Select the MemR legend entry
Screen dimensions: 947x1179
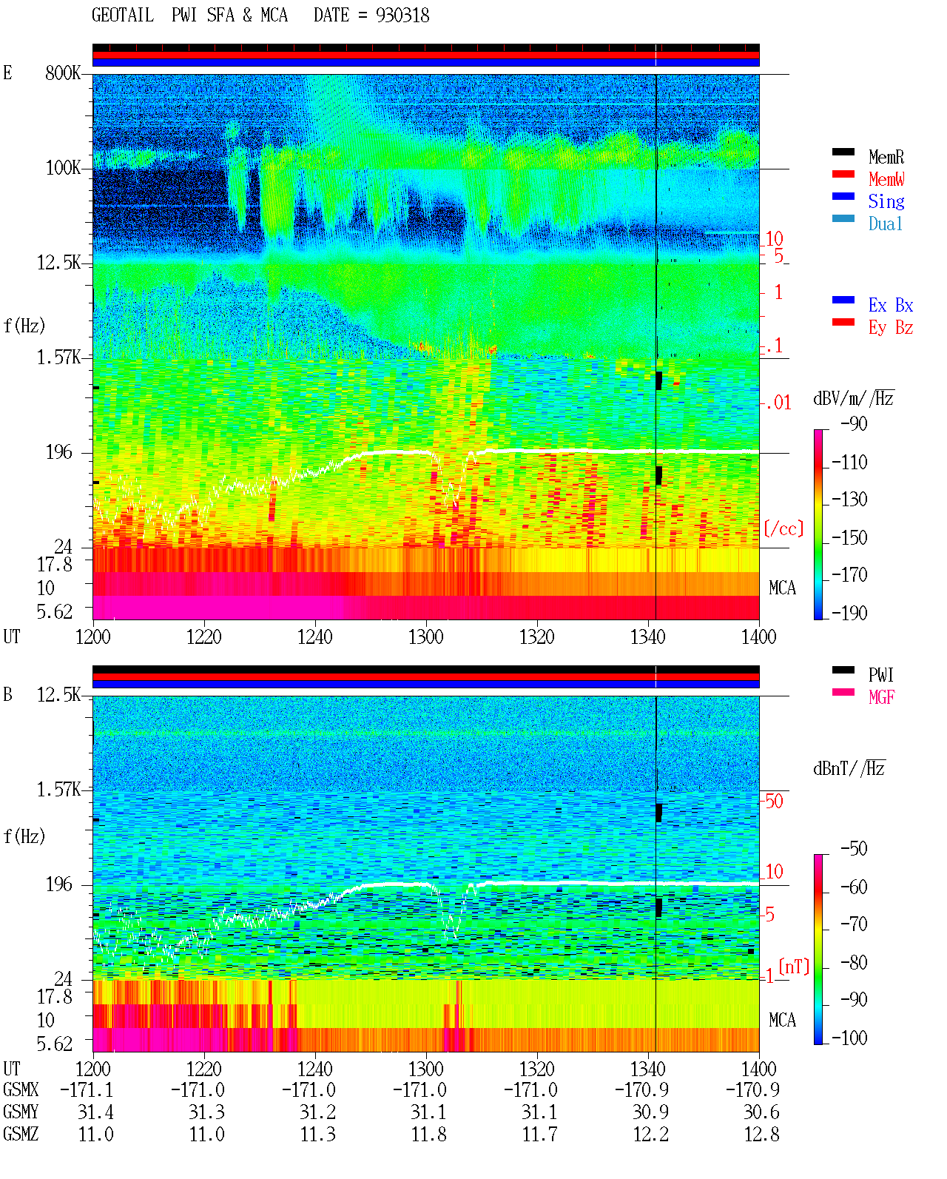click(x=886, y=157)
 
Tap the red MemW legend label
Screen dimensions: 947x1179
click(x=886, y=179)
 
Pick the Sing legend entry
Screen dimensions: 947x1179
click(x=886, y=201)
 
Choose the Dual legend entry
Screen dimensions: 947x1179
click(x=886, y=224)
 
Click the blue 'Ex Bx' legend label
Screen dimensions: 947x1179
click(x=891, y=305)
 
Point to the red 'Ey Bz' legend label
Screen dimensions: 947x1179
click(x=891, y=328)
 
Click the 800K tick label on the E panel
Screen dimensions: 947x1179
click(x=63, y=73)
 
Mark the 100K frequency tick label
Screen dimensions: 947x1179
click(x=63, y=168)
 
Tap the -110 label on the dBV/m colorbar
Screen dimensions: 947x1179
click(x=849, y=463)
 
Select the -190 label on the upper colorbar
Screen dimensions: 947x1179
click(x=849, y=613)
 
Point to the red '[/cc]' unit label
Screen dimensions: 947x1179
click(x=783, y=528)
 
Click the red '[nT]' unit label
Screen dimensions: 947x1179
click(x=794, y=967)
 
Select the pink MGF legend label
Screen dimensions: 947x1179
click(x=881, y=697)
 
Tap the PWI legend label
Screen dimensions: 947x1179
click(x=881, y=675)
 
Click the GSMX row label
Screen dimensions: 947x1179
click(x=21, y=1089)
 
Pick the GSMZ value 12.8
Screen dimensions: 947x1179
click(x=762, y=1134)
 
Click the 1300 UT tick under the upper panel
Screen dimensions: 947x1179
click(x=426, y=637)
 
